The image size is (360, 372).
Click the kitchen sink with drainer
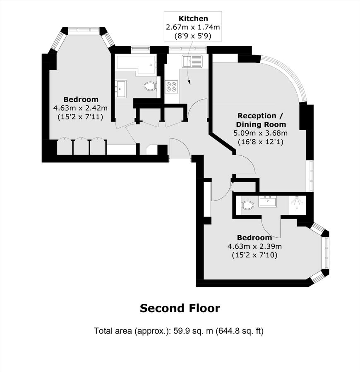pyautogui.click(x=192, y=61)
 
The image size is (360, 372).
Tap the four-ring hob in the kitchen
pyautogui.click(x=171, y=86)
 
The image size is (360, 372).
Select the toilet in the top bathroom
pyautogui.click(x=150, y=86)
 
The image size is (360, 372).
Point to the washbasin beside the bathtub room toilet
pyautogui.click(x=121, y=89)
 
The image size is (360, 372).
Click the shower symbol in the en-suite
pyautogui.click(x=297, y=202)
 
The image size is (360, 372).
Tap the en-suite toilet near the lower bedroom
pyautogui.click(x=247, y=205)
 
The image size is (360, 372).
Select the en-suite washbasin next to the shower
pyautogui.click(x=268, y=201)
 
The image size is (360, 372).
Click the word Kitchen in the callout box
pyautogui.click(x=193, y=18)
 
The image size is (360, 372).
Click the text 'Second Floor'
pyautogui.click(x=180, y=308)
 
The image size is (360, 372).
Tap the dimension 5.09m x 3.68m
pyautogui.click(x=261, y=133)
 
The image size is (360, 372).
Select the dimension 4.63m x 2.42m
pyautogui.click(x=81, y=108)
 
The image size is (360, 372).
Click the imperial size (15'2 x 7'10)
pyautogui.click(x=254, y=255)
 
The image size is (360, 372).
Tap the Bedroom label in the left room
pyautogui.click(x=81, y=99)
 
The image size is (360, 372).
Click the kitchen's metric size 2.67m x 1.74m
pyautogui.click(x=193, y=27)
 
